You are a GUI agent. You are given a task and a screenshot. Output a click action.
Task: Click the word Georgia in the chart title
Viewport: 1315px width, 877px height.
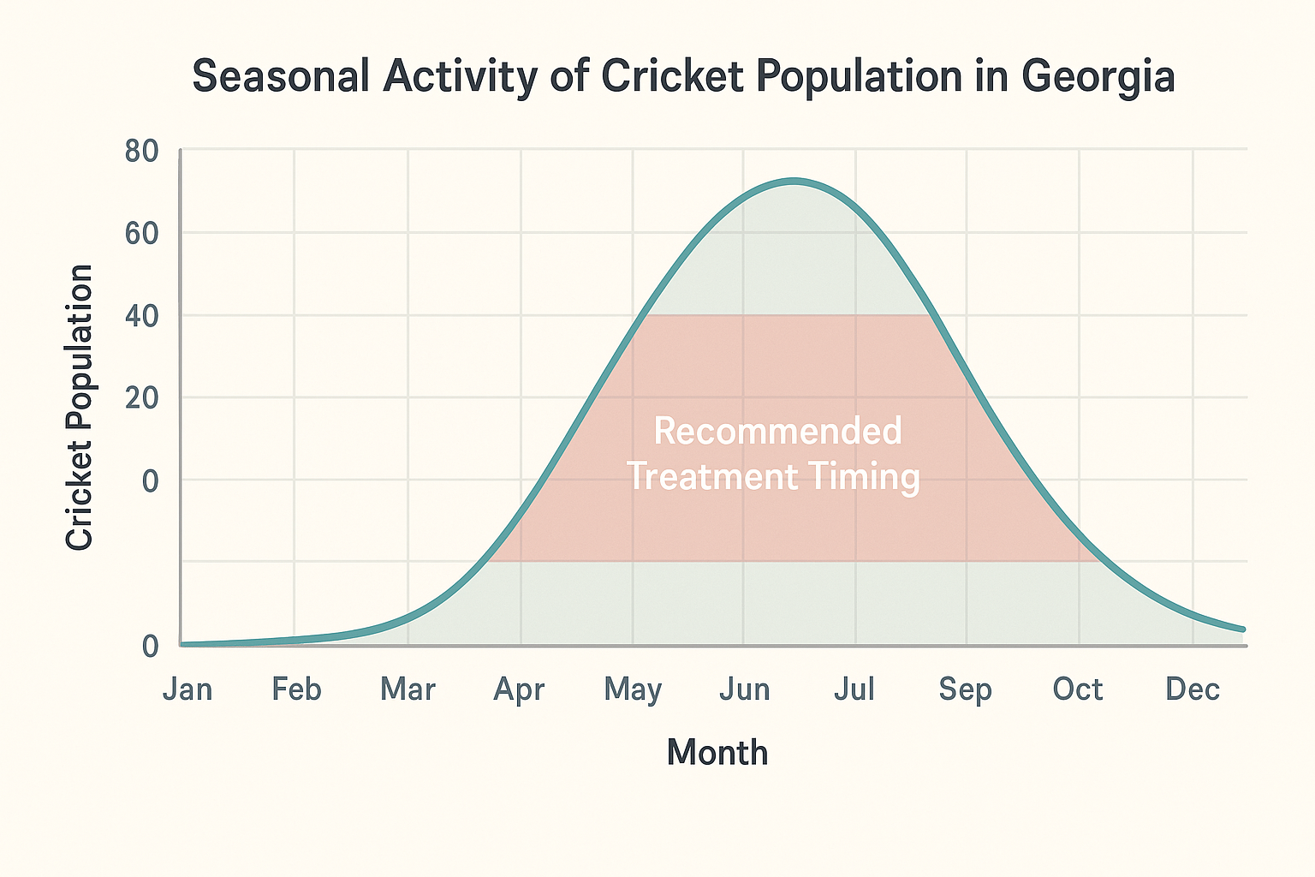click(1098, 77)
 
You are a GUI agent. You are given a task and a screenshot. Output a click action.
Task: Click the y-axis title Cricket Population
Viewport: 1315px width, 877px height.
click(80, 407)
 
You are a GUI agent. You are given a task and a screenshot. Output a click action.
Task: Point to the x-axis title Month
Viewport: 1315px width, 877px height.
click(717, 753)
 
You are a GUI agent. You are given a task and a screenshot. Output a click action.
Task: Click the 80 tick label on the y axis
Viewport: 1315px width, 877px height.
click(142, 152)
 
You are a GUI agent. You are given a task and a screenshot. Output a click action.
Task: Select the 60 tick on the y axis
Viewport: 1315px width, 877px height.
click(142, 233)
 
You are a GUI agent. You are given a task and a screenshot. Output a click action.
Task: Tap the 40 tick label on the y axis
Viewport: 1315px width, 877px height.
click(142, 316)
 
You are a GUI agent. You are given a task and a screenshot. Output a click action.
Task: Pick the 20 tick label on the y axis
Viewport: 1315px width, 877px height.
click(142, 398)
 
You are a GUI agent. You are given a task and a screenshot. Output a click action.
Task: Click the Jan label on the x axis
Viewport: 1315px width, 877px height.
click(187, 689)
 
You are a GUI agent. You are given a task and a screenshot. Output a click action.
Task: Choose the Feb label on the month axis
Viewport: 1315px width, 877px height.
click(296, 689)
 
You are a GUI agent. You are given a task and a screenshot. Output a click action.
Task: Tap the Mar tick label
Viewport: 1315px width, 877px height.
click(408, 689)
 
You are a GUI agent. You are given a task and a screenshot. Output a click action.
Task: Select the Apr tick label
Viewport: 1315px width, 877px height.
click(520, 689)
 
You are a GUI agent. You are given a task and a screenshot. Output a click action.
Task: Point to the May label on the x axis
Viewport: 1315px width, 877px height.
click(633, 689)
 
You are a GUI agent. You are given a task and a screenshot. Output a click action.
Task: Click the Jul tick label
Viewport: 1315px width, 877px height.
click(854, 689)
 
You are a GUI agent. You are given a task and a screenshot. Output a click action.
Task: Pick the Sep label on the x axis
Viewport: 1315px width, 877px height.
click(966, 689)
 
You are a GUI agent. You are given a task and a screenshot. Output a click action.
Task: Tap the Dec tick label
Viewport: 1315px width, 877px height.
click(1193, 689)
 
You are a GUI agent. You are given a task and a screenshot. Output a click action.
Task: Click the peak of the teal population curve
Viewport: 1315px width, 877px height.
click(794, 182)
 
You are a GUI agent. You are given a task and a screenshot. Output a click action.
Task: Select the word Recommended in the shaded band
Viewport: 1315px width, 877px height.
click(777, 431)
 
